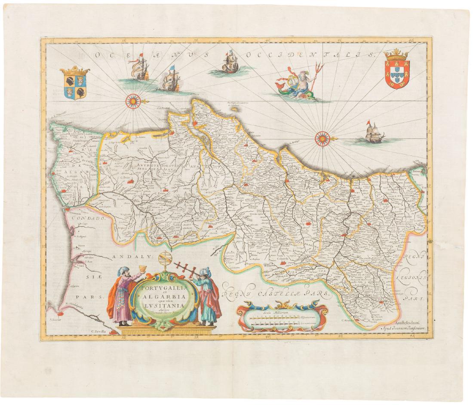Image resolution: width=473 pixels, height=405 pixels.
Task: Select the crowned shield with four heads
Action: [x=75, y=85]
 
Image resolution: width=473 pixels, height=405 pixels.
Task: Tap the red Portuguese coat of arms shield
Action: [x=397, y=73]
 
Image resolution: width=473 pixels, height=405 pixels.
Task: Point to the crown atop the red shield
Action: [x=397, y=55]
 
